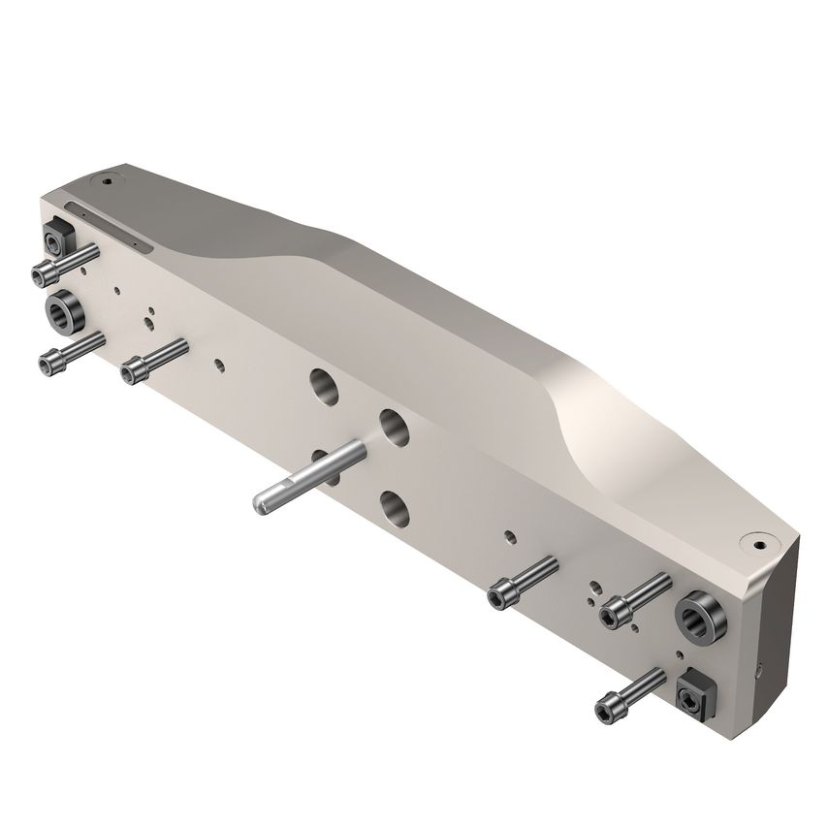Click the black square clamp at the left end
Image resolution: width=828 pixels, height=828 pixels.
54,238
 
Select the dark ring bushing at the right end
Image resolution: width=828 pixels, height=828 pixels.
698,612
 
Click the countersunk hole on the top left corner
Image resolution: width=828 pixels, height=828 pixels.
107,180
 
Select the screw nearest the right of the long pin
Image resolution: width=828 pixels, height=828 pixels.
503,592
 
